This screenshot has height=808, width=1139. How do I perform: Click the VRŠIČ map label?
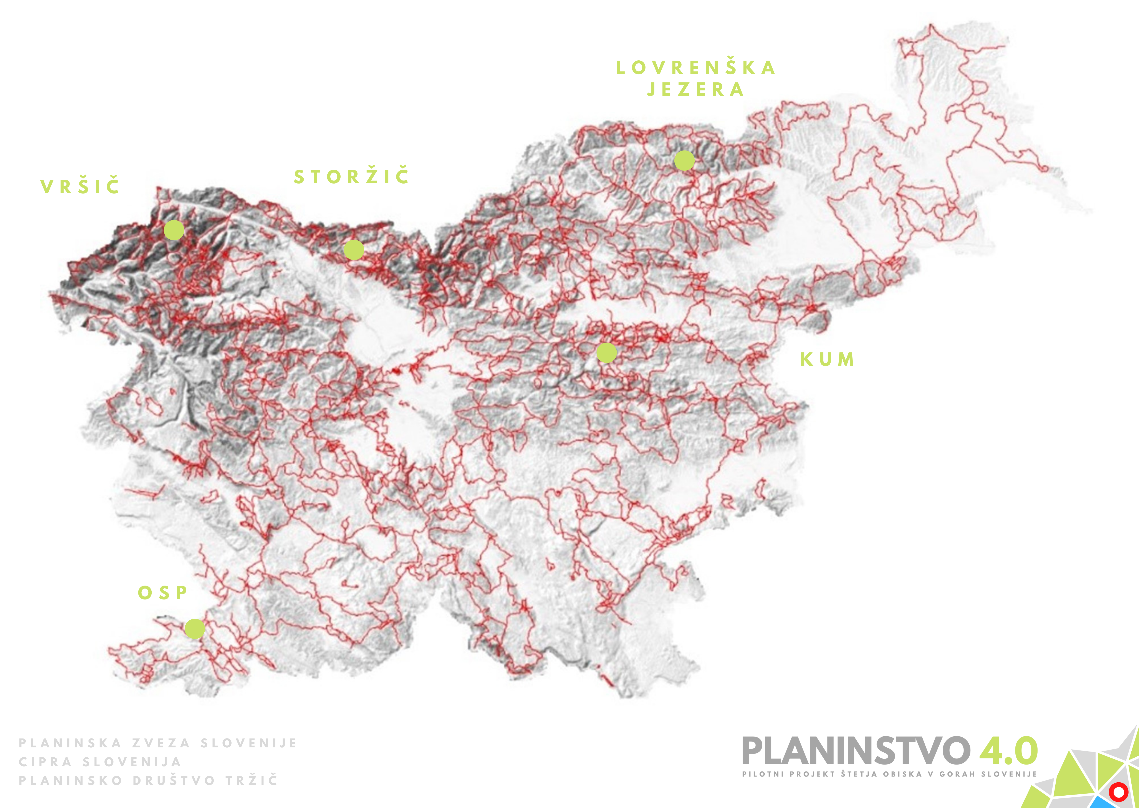coord(80,187)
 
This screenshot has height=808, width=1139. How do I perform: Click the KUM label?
coord(827,359)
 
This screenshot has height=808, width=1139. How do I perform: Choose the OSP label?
coord(163,593)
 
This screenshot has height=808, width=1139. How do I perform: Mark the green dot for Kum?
coord(606,353)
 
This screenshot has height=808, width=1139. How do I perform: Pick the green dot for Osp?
coord(194,629)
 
